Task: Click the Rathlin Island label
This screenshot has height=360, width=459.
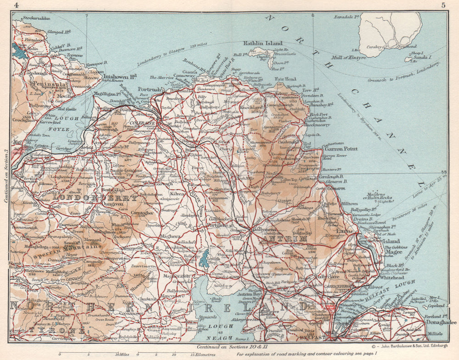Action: pos(263,44)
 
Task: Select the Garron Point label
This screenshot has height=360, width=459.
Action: pos(341,149)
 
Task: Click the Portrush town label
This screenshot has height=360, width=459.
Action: pos(150,89)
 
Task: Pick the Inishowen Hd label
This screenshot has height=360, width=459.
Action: pos(120,77)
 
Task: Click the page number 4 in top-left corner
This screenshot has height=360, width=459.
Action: pos(17,5)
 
